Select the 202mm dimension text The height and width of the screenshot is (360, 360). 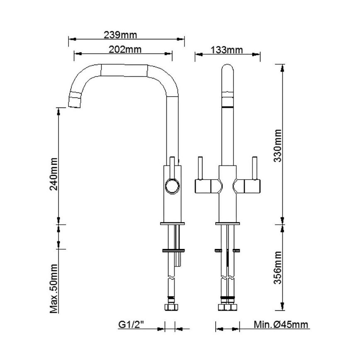pyautogui.click(x=124, y=49)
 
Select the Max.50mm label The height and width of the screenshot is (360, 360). pyautogui.click(x=54, y=288)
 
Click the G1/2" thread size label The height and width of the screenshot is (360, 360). pyautogui.click(x=131, y=324)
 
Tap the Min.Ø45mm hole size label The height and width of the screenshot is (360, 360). pyautogui.click(x=281, y=324)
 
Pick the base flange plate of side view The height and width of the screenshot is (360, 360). pyautogui.click(x=171, y=224)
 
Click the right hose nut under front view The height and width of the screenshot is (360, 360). pyautogui.click(x=231, y=308)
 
